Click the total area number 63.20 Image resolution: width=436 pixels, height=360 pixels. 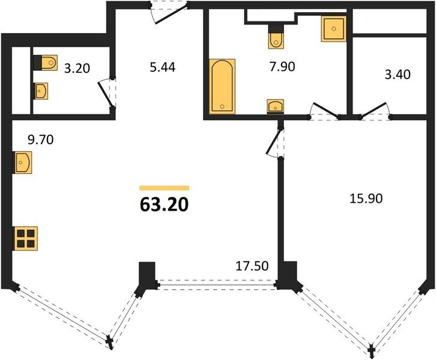click(164, 205)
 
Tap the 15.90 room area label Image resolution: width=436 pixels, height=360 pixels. click(366, 199)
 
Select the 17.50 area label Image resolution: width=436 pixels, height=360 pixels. click(252, 266)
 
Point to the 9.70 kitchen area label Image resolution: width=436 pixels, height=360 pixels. click(41, 140)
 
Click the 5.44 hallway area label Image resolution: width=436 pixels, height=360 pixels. click(163, 67)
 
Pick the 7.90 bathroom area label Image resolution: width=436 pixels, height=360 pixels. click(282, 67)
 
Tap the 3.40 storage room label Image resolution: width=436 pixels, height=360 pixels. click(398, 74)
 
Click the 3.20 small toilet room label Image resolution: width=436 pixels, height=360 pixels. click(77, 68)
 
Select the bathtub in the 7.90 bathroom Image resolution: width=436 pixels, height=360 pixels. click(222, 86)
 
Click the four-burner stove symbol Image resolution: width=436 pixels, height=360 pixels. click(25, 238)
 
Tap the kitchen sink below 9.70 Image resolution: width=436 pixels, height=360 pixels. click(22, 163)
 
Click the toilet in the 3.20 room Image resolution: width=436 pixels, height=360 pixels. click(45, 62)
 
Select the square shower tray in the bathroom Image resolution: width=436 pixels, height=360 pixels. click(334, 29)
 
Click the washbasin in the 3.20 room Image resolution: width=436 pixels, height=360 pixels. click(41, 91)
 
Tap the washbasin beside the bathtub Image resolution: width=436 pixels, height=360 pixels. click(275, 106)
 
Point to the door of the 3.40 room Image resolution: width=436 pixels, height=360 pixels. click(374, 111)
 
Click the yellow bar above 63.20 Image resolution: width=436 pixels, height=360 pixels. click(165, 188)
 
